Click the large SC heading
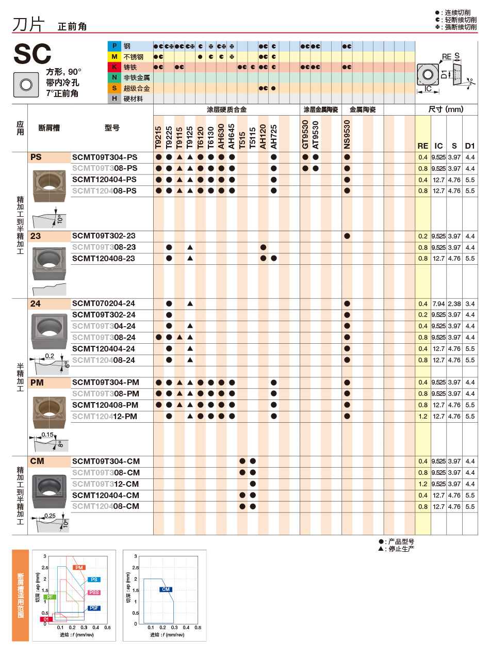click(32, 54)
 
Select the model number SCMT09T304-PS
click(105, 157)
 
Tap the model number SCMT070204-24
click(104, 303)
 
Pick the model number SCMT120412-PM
click(105, 417)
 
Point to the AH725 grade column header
click(274, 136)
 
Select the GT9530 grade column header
click(305, 134)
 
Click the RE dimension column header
click(423, 146)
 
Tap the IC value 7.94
click(438, 304)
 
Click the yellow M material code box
click(115, 57)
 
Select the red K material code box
click(115, 67)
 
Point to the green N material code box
click(115, 77)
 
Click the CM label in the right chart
click(166, 589)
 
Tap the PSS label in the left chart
click(94, 593)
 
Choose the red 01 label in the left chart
click(46, 619)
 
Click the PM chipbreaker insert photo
click(49, 411)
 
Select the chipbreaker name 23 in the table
click(36, 236)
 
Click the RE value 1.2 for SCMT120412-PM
click(423, 417)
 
